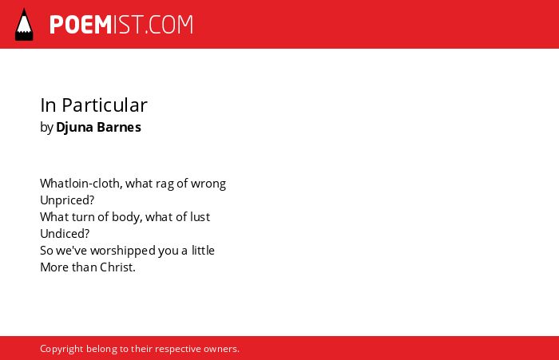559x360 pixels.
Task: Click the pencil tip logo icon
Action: pyautogui.click(x=24, y=24)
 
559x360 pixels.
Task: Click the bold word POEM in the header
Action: pyautogui.click(x=81, y=25)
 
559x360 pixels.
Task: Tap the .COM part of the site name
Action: pyautogui.click(x=169, y=25)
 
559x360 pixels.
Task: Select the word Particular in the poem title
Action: pyautogui.click(x=105, y=105)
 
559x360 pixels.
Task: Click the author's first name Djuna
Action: pyautogui.click(x=74, y=128)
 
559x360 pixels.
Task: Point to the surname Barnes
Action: pyautogui.click(x=119, y=127)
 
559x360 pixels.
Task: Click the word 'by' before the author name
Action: pyautogui.click(x=46, y=128)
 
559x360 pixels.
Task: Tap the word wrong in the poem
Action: pyautogui.click(x=208, y=184)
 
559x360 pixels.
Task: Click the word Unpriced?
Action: pyautogui.click(x=67, y=200)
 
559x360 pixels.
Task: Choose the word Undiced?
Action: pyautogui.click(x=65, y=233)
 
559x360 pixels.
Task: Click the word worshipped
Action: pyautogui.click(x=123, y=251)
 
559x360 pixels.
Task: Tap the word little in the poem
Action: pyautogui.click(x=203, y=250)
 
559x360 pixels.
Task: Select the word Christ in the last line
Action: pyautogui.click(x=117, y=267)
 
